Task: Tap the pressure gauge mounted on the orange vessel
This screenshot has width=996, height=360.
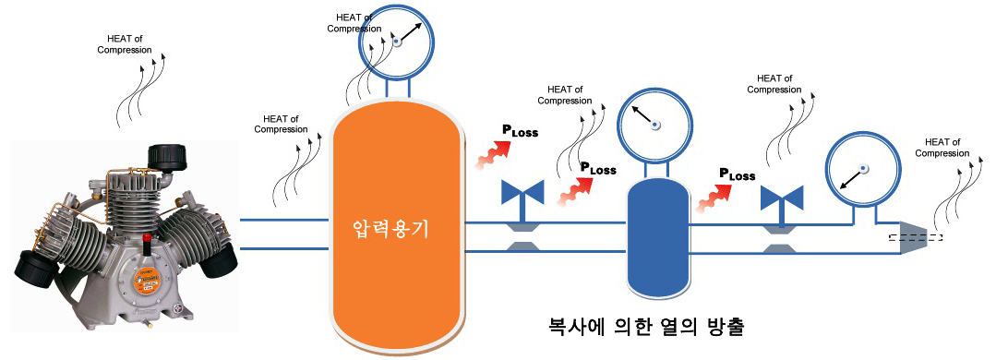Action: click(396, 42)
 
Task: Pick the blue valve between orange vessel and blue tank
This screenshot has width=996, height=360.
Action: click(522, 194)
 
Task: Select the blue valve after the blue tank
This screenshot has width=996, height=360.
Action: click(781, 198)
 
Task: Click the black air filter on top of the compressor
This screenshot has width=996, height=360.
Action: click(168, 159)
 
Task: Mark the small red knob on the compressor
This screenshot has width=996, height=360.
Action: click(147, 242)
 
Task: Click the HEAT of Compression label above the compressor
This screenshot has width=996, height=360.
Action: click(125, 43)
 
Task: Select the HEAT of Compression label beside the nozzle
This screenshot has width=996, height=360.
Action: click(942, 147)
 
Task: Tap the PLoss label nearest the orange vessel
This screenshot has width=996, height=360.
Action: click(520, 132)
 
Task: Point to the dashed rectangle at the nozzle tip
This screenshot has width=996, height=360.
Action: click(915, 237)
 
